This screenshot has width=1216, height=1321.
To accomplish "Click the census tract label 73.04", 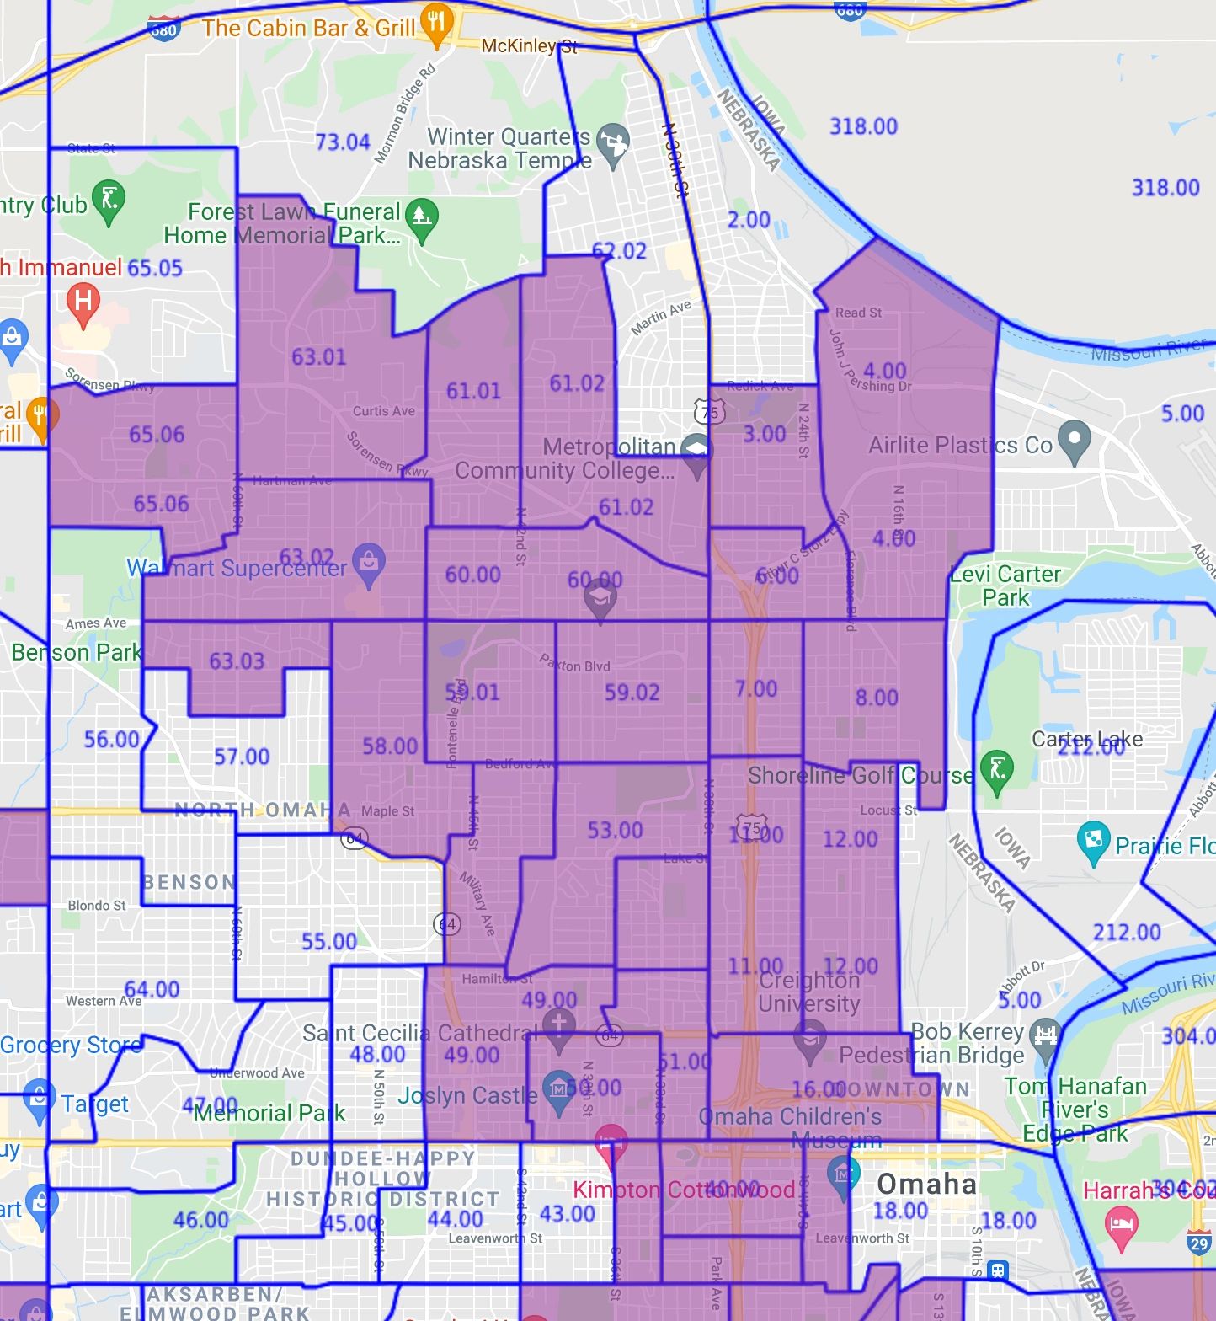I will [x=342, y=142].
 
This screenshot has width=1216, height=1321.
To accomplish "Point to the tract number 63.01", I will [x=318, y=357].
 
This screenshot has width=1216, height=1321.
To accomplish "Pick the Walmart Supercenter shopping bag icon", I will [x=368, y=564].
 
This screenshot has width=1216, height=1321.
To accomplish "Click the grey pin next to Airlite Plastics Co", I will [x=1074, y=441].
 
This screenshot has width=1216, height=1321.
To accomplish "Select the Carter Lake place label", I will [x=1087, y=739].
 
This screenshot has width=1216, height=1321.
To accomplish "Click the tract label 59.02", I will [x=632, y=693].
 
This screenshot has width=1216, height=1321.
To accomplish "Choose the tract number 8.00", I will [x=877, y=698].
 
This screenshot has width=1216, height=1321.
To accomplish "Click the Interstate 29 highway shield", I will [x=1199, y=1243].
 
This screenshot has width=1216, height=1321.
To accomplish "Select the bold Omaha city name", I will [x=926, y=1184].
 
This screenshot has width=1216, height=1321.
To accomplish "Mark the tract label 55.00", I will [x=328, y=941].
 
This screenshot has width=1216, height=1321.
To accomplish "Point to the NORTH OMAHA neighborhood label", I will [x=263, y=810].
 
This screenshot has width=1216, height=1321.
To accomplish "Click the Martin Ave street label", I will [x=661, y=317].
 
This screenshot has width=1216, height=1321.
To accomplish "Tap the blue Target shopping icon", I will [x=37, y=1100].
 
